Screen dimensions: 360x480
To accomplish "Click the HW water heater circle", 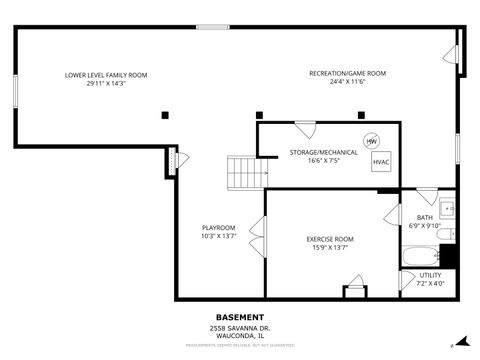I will tap(371, 141).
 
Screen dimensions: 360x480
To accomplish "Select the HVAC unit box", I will tap(381, 161).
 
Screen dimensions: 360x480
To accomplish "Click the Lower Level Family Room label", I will tap(105, 75).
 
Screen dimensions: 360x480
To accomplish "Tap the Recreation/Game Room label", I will tap(347, 73).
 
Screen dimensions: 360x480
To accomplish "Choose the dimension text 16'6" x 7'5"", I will tap(308, 160).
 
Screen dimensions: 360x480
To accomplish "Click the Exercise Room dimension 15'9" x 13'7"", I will tap(329, 247).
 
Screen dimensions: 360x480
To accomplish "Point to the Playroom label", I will tap(218, 227).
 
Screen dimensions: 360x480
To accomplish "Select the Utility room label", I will tap(430, 274).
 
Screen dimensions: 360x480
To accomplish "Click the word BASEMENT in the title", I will tap(240, 317).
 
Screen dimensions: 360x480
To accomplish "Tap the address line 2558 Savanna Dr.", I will tap(240, 328).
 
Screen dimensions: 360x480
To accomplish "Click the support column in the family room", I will tap(164, 115).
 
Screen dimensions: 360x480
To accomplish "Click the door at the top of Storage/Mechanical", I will tap(305, 129).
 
